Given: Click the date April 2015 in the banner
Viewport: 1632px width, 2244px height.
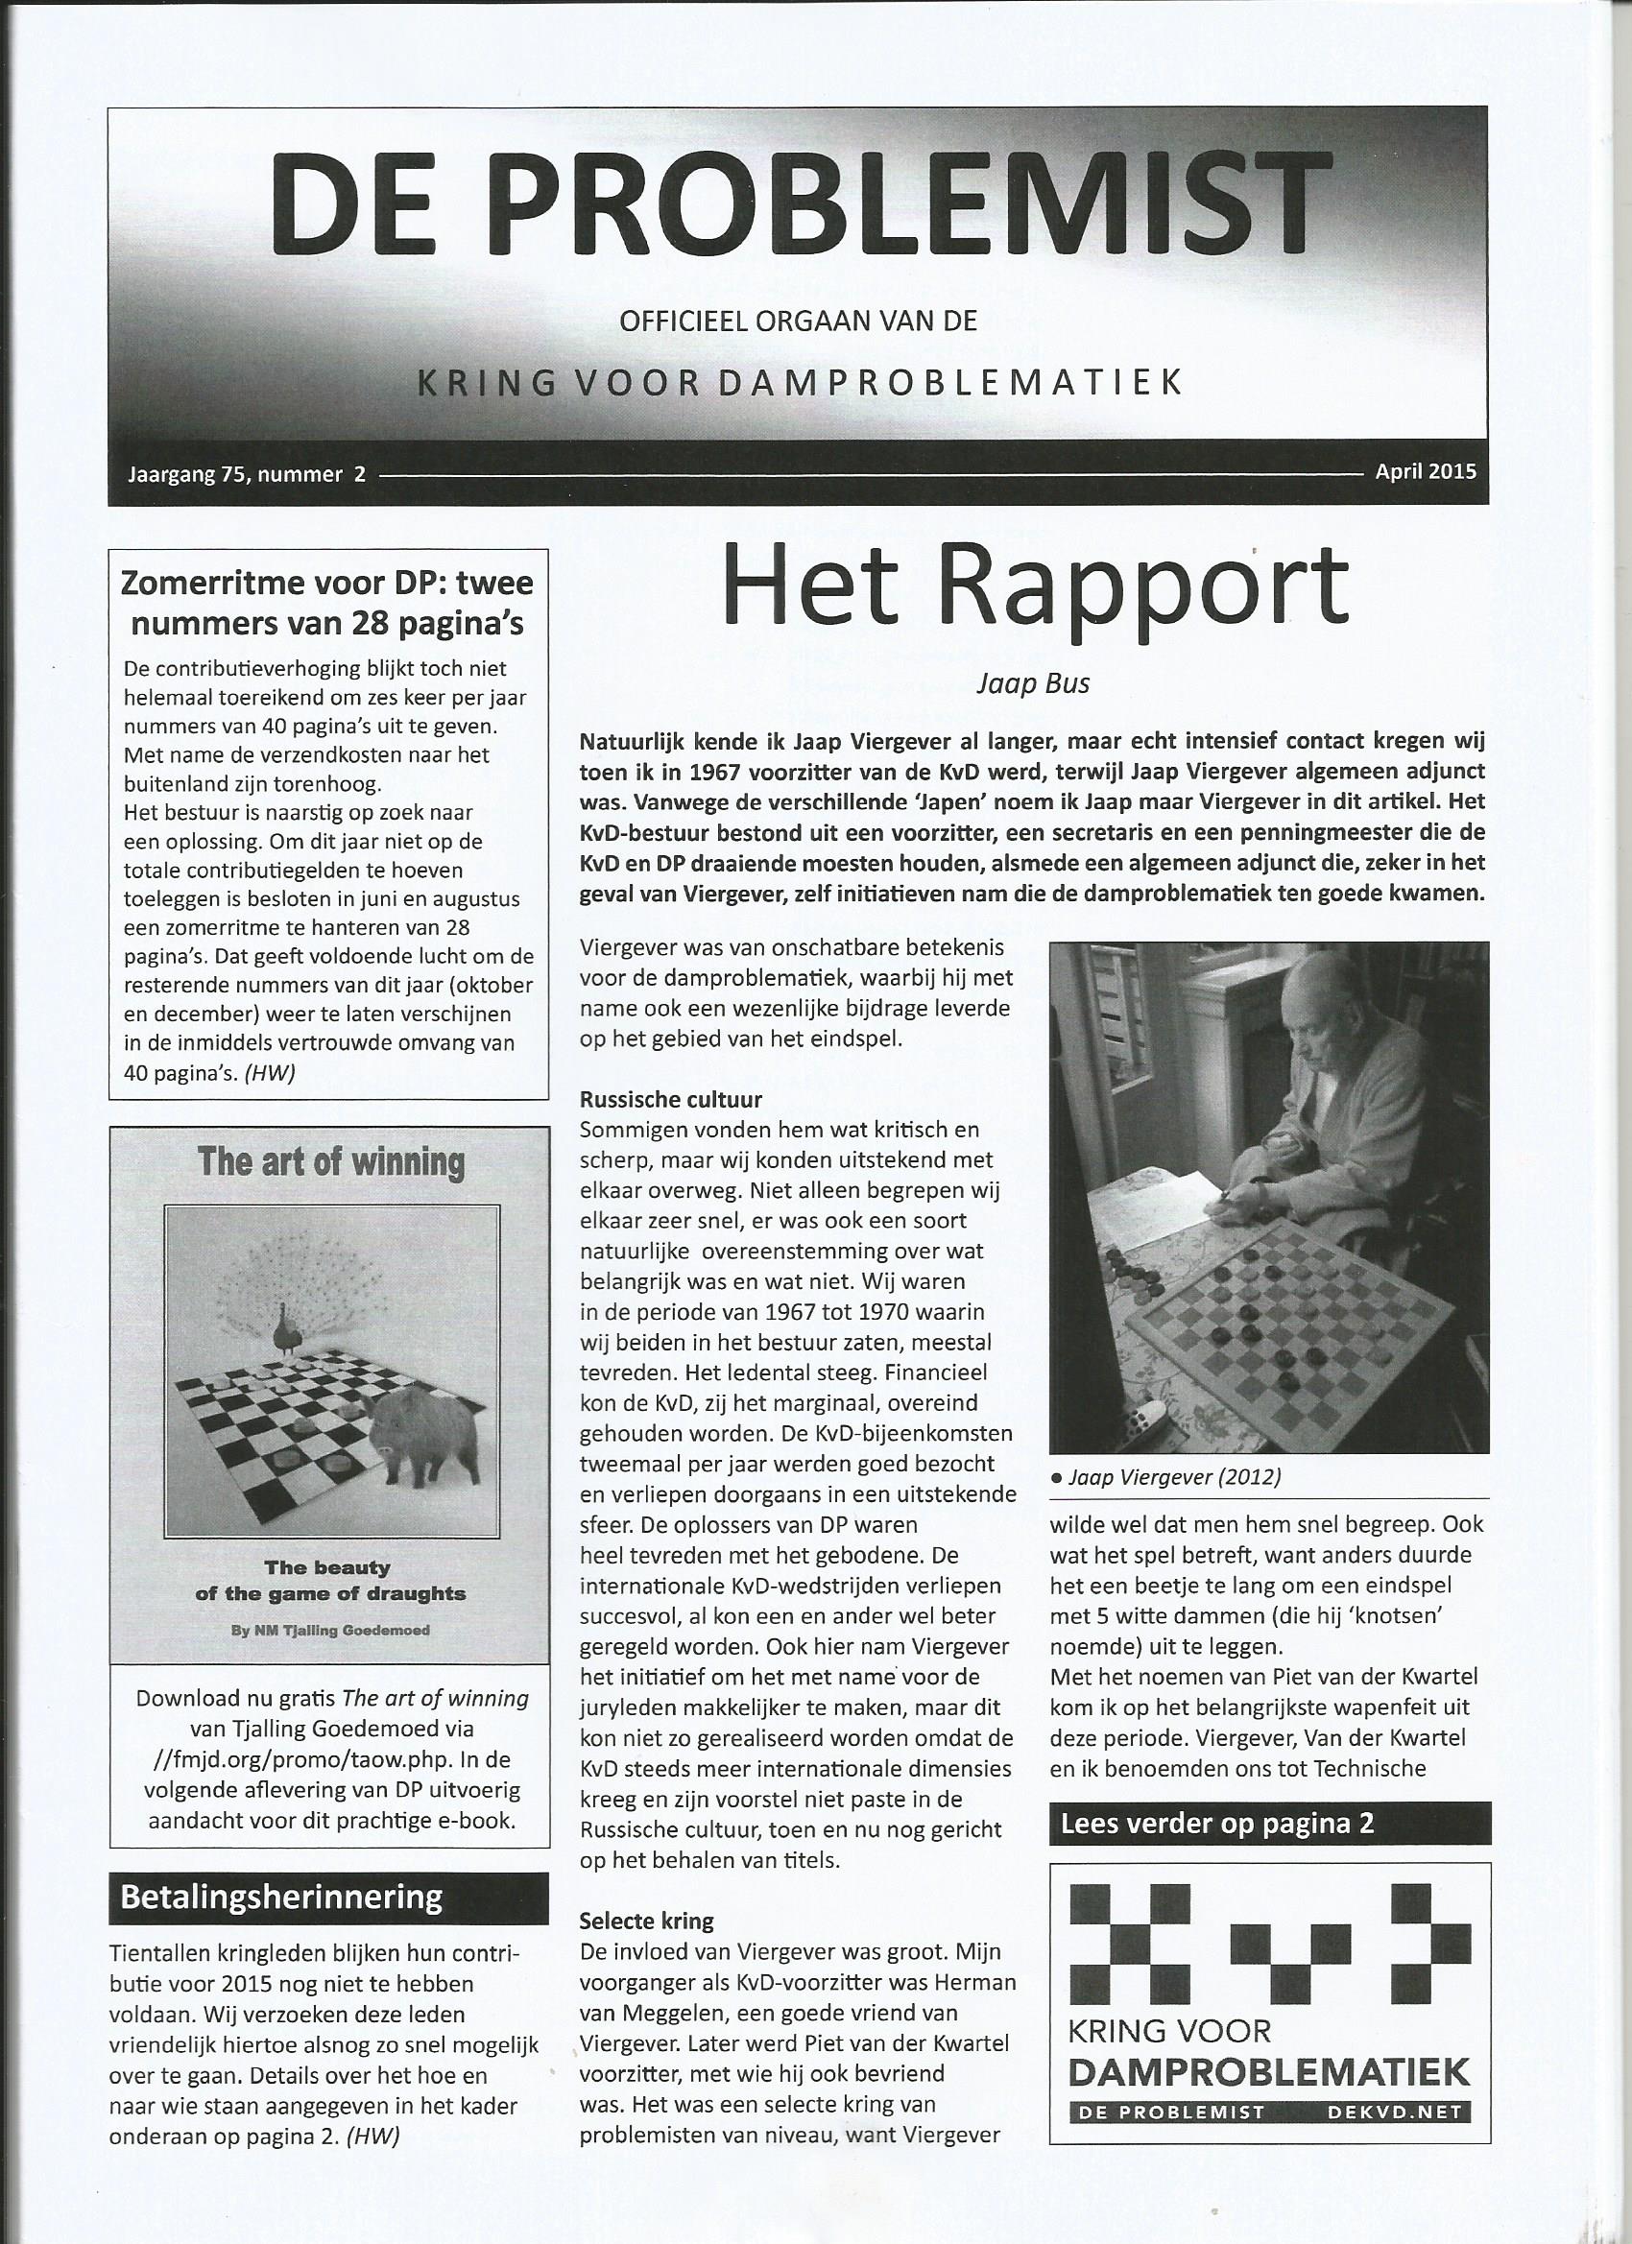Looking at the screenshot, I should pyautogui.click(x=1426, y=471).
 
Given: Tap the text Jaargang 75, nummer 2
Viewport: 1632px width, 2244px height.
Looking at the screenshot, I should pyautogui.click(x=247, y=474).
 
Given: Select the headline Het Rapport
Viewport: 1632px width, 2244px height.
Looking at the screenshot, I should pyautogui.click(x=1035, y=585).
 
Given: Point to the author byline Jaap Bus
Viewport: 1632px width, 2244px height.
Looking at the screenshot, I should pyautogui.click(x=1032, y=683).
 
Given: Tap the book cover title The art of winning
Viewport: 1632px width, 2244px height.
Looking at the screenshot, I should pyautogui.click(x=330, y=1160).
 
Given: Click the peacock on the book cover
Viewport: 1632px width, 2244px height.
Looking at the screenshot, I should pyautogui.click(x=289, y=1331).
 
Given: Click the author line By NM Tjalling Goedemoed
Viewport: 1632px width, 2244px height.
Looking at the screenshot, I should pyautogui.click(x=329, y=1630).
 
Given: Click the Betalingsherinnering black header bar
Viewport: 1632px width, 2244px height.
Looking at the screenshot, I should pyautogui.click(x=328, y=1897).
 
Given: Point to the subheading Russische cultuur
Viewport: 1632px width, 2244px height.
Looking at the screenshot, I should pyautogui.click(x=671, y=1099).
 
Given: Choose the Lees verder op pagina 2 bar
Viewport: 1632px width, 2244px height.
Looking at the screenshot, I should pyautogui.click(x=1269, y=1824).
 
